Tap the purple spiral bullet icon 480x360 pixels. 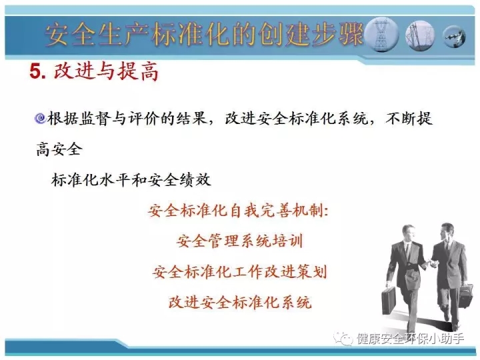[x=40, y=118]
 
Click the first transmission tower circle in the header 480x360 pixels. [x=381, y=34]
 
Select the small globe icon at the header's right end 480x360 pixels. [x=455, y=37]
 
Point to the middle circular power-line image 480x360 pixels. [x=420, y=35]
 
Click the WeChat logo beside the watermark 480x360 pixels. [x=343, y=338]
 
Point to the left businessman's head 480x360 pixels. [x=409, y=233]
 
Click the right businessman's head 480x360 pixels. [x=447, y=232]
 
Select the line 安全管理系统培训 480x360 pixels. [x=239, y=241]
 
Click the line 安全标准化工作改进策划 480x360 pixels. [x=240, y=271]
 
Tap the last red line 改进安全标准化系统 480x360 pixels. [x=240, y=302]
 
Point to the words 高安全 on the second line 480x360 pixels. [x=59, y=149]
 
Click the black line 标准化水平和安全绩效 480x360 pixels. [x=131, y=180]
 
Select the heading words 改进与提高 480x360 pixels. [x=106, y=71]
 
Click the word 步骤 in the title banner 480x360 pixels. [x=337, y=34]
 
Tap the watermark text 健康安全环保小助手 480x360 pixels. [x=411, y=339]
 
